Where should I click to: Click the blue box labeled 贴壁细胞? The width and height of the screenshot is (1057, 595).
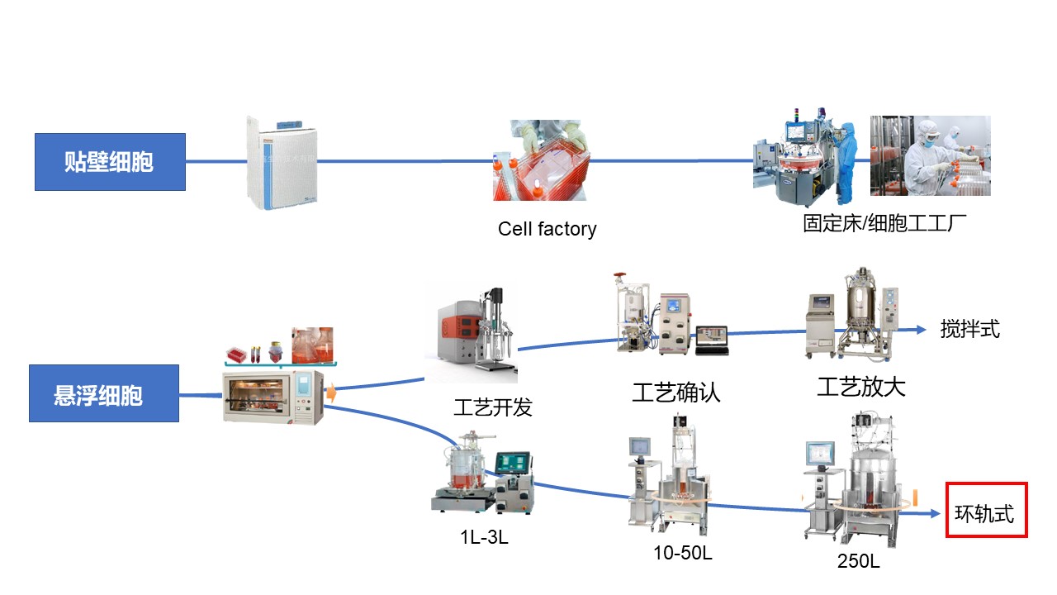[x=110, y=162]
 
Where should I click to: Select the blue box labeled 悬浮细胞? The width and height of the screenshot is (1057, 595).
[x=104, y=393]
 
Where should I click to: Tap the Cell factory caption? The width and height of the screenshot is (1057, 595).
[x=547, y=229]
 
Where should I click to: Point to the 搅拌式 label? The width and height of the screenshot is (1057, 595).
[x=969, y=329]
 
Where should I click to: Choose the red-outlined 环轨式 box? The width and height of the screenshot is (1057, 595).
[x=986, y=511]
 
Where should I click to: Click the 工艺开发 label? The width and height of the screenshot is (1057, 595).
[x=493, y=407]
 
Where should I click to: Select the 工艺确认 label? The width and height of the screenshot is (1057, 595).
[x=676, y=392]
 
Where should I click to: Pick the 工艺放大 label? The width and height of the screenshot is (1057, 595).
[x=860, y=387]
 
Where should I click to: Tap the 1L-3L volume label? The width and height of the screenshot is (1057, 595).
[x=484, y=537]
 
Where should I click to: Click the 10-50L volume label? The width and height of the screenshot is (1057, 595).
[x=682, y=553]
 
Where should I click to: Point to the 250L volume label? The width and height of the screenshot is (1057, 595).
[x=858, y=562]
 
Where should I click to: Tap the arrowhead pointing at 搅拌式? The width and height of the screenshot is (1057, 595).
[x=921, y=330]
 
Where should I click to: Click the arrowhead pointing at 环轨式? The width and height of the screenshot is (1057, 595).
[x=935, y=513]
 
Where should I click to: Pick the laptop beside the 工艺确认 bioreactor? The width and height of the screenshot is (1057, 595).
[x=712, y=340]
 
